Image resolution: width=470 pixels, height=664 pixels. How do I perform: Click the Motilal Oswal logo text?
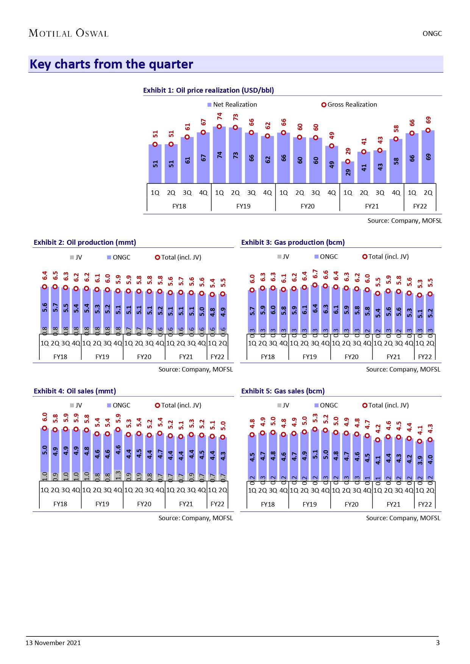tap(69, 33)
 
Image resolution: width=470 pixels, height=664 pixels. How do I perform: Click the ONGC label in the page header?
tap(432, 34)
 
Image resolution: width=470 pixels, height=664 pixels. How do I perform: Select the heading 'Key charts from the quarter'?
tap(111, 64)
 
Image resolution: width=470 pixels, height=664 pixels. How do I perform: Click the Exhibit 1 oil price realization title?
tap(208, 90)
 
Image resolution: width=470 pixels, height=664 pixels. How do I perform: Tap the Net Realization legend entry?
tap(232, 105)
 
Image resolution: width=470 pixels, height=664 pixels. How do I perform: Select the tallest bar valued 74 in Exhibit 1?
tap(219, 155)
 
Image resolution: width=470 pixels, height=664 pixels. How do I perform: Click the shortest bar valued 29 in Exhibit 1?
tap(348, 173)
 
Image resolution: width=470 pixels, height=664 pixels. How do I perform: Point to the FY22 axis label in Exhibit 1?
tap(420, 206)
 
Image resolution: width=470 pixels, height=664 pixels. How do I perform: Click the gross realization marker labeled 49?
tap(332, 146)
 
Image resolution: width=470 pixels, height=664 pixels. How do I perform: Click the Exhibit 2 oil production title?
tap(85, 243)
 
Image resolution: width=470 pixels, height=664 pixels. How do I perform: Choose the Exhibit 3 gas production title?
tap(293, 243)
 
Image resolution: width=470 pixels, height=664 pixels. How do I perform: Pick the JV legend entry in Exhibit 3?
tap(283, 257)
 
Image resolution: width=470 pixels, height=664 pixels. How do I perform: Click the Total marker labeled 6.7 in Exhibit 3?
tap(315, 285)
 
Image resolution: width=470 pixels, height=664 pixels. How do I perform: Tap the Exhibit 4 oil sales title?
tap(75, 391)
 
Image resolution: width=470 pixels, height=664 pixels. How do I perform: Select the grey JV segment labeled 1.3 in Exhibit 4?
tap(118, 475)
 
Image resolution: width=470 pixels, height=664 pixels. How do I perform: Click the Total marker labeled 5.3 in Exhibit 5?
tap(315, 429)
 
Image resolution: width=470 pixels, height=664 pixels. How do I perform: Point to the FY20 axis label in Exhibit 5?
tap(351, 504)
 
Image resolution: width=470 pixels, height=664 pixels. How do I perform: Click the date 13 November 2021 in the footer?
tap(53, 643)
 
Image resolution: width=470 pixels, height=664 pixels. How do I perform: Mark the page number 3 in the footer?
tap(438, 643)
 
